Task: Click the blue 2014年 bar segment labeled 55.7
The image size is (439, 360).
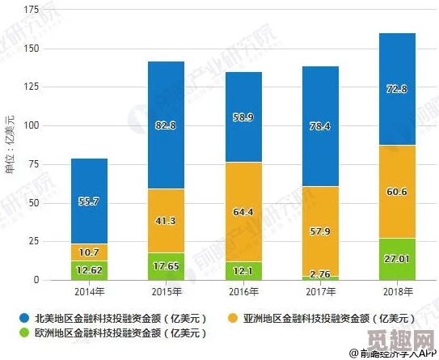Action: click(89, 201)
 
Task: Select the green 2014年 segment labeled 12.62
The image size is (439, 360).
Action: click(89, 270)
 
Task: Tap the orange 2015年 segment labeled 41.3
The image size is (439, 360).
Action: click(166, 220)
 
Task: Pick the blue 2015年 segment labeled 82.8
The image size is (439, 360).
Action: click(166, 125)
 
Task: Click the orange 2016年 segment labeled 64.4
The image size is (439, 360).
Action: click(242, 212)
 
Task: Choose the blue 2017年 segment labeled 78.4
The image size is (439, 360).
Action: click(319, 126)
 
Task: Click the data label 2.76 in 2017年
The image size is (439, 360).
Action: click(319, 275)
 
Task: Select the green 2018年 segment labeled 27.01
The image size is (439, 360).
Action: click(396, 259)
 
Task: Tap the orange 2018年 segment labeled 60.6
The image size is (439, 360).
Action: click(396, 192)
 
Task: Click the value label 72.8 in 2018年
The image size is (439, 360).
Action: click(396, 88)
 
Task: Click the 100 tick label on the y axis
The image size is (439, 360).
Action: click(32, 126)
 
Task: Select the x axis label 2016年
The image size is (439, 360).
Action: click(242, 291)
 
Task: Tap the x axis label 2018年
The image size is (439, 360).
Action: click(396, 291)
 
